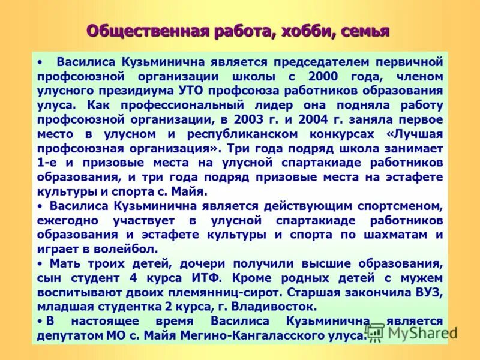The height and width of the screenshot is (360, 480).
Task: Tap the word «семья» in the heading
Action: [365, 31]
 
